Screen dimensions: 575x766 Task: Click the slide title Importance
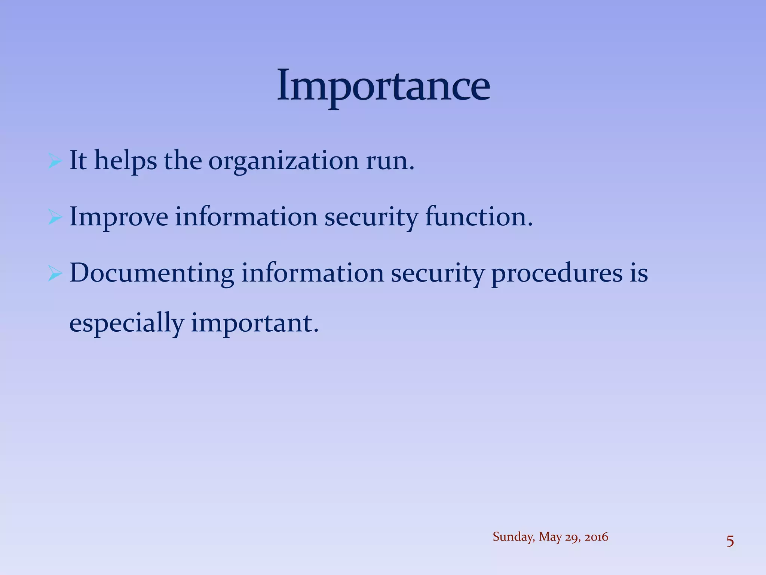[383, 85]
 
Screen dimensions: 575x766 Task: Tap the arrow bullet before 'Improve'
[55, 218]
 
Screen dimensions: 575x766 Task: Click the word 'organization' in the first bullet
[283, 162]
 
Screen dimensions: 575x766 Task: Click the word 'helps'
[125, 161]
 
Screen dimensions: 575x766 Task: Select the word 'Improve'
[119, 217]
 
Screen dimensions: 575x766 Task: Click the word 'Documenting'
[152, 274]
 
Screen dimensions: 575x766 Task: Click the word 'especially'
[126, 324]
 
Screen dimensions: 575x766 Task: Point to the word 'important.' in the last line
[255, 324]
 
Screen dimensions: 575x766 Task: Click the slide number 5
[730, 542]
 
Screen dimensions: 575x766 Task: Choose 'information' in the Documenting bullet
[312, 273]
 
